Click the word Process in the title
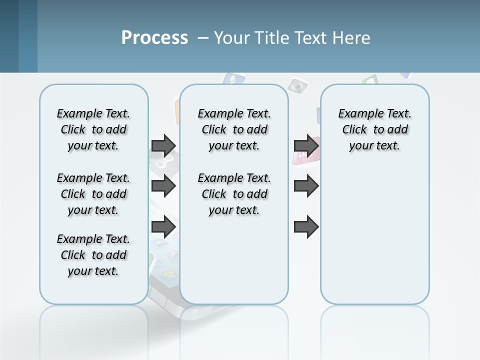point(154,37)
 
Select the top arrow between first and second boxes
point(163,145)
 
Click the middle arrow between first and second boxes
point(163,186)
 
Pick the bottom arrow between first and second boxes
point(163,227)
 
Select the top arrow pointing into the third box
point(306,145)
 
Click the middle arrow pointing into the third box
point(306,186)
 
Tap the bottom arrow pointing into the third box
point(306,227)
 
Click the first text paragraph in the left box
point(93,129)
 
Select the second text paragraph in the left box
point(93,194)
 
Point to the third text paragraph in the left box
point(93,255)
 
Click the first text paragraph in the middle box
point(234,129)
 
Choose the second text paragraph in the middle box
point(234,194)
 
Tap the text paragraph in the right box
point(375,129)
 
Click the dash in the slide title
point(203,38)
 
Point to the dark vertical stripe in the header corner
point(27,36)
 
